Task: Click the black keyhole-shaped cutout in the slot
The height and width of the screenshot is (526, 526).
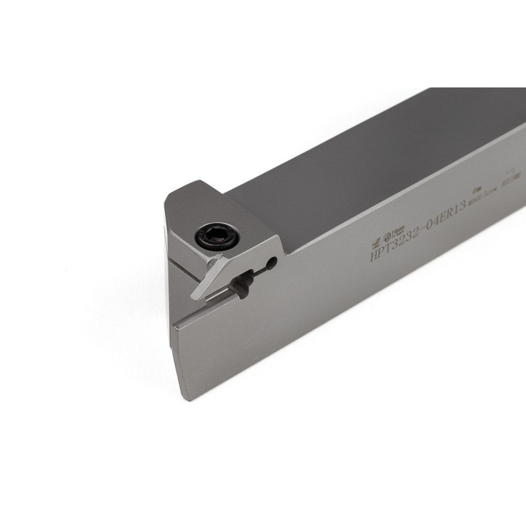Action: click(x=243, y=283)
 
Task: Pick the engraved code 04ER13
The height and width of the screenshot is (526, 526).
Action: click(x=444, y=214)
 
